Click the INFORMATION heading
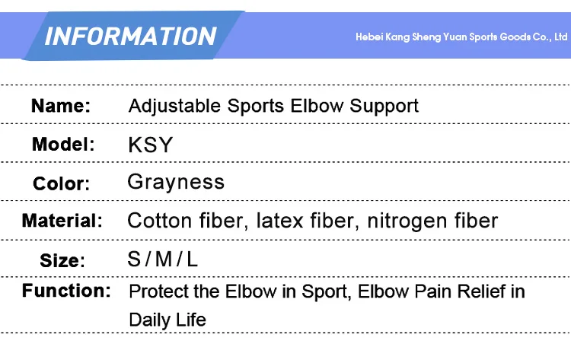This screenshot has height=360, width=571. tap(131, 37)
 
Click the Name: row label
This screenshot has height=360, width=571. tap(61, 106)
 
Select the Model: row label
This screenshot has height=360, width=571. tap(63, 144)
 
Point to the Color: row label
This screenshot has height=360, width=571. tap(61, 183)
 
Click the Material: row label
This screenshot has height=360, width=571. tap(62, 221)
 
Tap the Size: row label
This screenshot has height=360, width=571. tap(62, 260)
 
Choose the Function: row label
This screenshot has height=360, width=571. tap(66, 291)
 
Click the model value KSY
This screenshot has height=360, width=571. tap(151, 145)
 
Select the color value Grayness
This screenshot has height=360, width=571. tap(176, 182)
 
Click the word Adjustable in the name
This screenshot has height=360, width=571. tap(174, 107)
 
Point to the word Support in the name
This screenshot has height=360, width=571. tap(384, 107)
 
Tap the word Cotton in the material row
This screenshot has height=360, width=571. tap(160, 221)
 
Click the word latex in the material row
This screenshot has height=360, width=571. tap(279, 221)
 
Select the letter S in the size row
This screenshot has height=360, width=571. tap(134, 260)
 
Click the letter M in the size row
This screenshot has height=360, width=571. tap(164, 260)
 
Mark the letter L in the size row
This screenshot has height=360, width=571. tap(192, 260)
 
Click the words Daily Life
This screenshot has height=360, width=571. tap(167, 320)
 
